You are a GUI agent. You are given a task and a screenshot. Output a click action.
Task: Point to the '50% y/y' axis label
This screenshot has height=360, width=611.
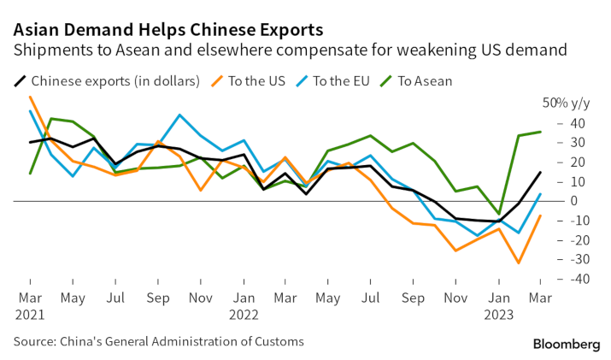[567, 103]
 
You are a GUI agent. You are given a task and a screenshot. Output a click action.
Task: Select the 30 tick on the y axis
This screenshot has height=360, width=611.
[556, 143]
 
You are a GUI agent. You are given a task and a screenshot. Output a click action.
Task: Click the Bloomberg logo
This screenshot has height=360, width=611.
[567, 344]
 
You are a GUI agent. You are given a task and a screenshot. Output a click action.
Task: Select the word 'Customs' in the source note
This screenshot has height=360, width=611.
[278, 342]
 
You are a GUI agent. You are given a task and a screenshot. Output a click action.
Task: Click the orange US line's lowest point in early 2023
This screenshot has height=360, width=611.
[519, 263]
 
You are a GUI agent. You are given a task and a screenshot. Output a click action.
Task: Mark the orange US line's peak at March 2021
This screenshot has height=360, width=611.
[31, 97]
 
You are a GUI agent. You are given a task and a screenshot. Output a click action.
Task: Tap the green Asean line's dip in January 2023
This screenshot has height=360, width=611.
[498, 214]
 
